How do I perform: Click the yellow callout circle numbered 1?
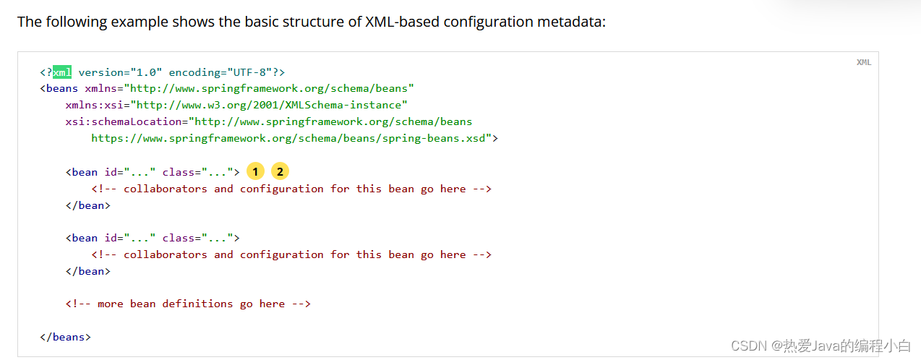(x=255, y=171)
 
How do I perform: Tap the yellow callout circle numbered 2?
(x=280, y=171)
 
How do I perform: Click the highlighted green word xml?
(x=62, y=72)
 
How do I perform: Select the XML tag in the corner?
(x=864, y=62)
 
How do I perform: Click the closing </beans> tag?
(x=66, y=337)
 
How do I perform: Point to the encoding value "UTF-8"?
(x=249, y=72)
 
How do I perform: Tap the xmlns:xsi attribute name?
(x=95, y=105)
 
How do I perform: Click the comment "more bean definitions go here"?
(x=188, y=304)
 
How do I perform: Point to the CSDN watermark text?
(x=821, y=346)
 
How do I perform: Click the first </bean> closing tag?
(x=87, y=205)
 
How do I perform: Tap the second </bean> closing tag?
(x=87, y=271)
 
